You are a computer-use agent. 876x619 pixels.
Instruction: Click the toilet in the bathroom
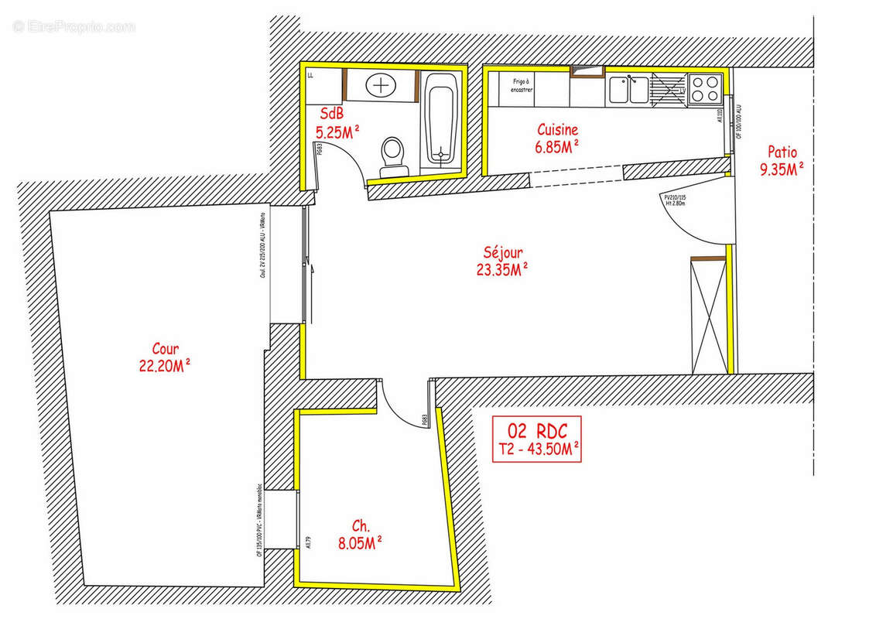coord(392,154)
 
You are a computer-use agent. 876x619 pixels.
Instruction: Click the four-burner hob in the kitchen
coord(705,88)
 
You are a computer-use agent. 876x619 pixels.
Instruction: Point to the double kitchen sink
coord(628,89)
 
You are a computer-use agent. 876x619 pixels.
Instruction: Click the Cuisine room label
coord(557,130)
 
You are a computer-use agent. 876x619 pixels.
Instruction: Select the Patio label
coord(782,152)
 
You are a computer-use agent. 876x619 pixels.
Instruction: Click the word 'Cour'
coord(165,349)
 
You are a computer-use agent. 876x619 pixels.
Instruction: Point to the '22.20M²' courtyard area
coord(165,367)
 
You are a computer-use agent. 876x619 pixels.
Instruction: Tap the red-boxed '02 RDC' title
coord(537,430)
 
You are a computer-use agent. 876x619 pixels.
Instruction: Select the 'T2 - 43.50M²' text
coord(537,448)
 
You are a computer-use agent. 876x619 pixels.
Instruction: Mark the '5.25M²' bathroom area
coord(337,132)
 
